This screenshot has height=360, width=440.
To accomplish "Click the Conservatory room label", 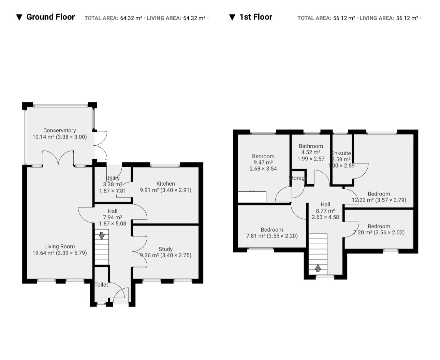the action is tap(59, 130).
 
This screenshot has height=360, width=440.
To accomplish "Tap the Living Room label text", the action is tap(59, 246).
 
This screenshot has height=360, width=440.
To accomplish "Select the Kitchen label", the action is tap(166, 184).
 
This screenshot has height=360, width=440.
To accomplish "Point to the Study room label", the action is tap(166, 249).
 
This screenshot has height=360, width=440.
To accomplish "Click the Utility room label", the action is tap(113, 178).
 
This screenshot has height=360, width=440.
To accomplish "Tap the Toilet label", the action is tap(101, 285).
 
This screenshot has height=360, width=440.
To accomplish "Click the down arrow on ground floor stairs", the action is tap(102, 236).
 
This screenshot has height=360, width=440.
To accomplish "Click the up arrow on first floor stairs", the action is tap(318, 268).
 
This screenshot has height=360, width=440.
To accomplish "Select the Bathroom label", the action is tap(311, 146).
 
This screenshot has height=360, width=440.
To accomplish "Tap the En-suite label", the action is tap(341, 153).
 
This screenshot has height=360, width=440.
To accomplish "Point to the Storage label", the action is tap(298, 178).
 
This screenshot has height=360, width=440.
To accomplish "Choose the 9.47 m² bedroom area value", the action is tap(263, 162).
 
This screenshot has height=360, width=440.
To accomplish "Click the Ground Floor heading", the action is tap(50, 17).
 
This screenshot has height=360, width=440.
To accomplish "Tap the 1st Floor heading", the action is tap(256, 17).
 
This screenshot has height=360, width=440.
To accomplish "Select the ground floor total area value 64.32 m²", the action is tap(131, 18).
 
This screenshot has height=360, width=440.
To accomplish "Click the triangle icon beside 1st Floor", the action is tap(232, 17).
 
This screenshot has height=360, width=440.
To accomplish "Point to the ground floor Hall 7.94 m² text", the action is tap(113, 217).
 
